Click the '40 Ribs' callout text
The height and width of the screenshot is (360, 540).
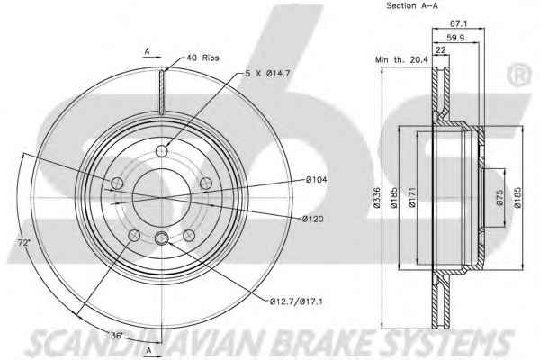(202, 58)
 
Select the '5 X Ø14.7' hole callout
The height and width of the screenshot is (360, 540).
(267, 74)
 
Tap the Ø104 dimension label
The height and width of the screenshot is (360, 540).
(317, 179)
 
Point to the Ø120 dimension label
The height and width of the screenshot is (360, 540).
(313, 219)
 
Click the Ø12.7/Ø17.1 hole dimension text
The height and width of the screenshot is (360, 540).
(296, 301)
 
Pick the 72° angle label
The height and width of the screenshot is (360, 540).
(24, 242)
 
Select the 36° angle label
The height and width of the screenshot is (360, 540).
(116, 335)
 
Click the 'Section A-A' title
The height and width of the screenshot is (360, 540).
(412, 5)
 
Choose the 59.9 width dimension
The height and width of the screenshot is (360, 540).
(455, 38)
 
